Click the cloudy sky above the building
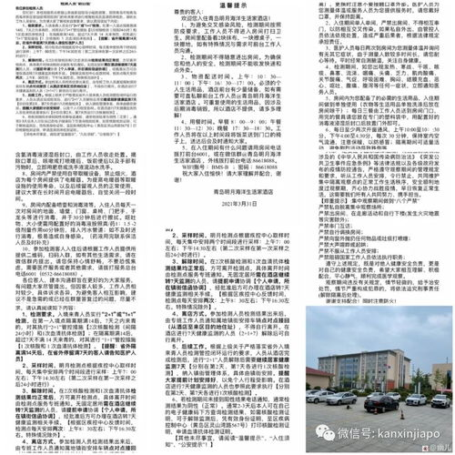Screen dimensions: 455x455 pos(382,318)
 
